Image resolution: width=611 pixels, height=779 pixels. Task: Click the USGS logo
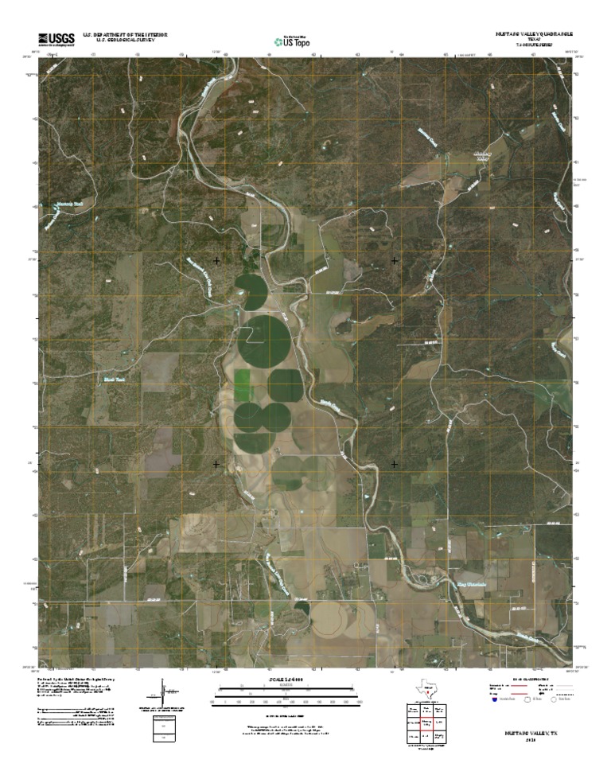56,39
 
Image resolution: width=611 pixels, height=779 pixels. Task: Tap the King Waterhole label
470,584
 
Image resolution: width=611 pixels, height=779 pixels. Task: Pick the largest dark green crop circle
263,341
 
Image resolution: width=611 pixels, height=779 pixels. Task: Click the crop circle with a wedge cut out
252,290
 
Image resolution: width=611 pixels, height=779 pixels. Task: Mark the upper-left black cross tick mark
216,260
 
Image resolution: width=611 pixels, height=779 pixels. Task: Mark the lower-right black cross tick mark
395,463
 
